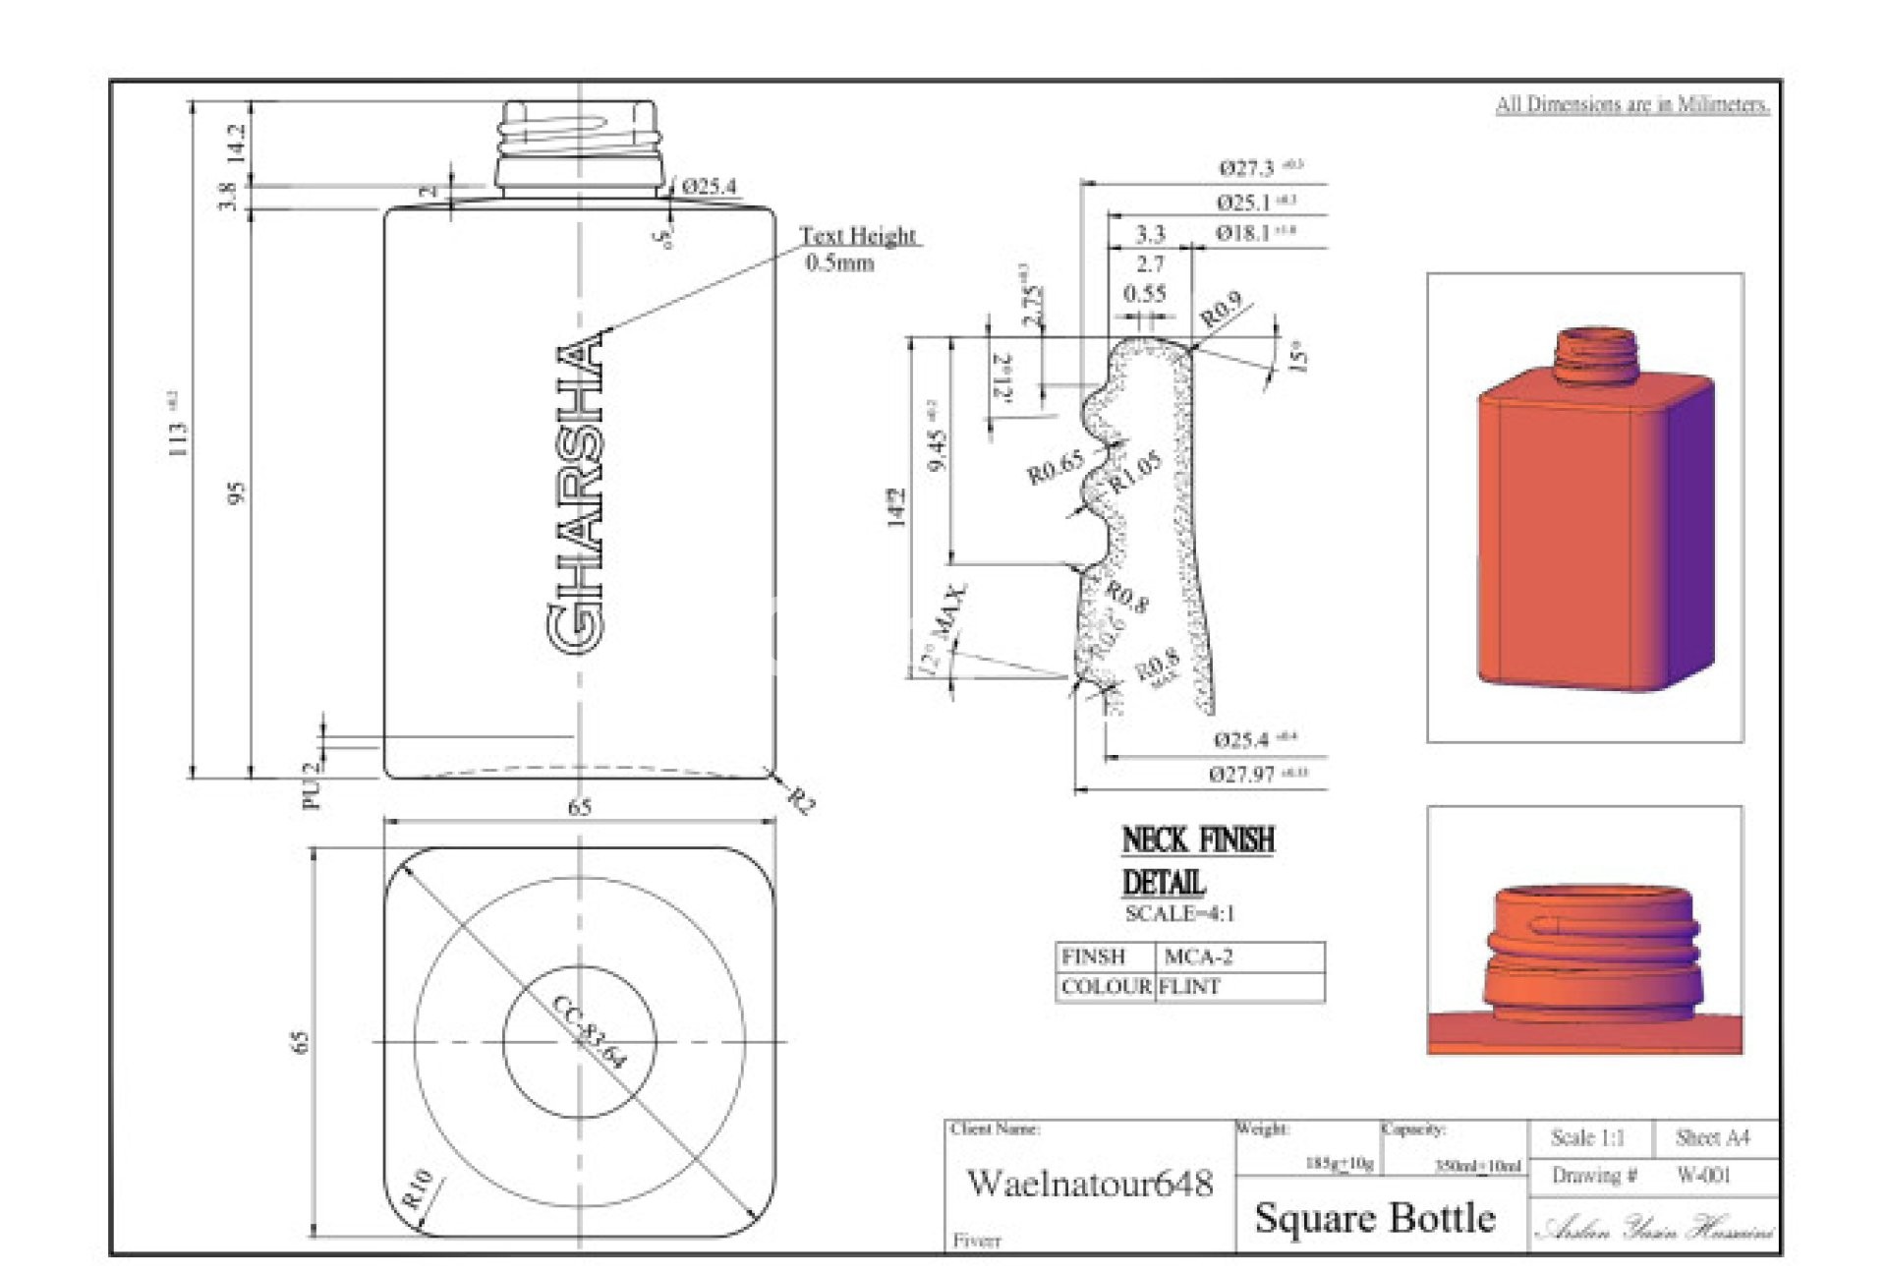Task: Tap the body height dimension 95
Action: pyautogui.click(x=236, y=492)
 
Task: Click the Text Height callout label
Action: pyautogui.click(x=857, y=236)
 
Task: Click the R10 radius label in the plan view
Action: pyautogui.click(x=417, y=1187)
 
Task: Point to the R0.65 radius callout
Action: pyautogui.click(x=1055, y=467)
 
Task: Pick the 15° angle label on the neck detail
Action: pyautogui.click(x=1298, y=356)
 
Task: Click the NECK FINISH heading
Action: pyautogui.click(x=1198, y=840)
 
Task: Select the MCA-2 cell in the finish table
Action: pyautogui.click(x=1198, y=956)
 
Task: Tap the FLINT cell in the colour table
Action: pyautogui.click(x=1189, y=987)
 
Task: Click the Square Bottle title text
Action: pyautogui.click(x=1375, y=1219)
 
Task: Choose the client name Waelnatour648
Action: pyautogui.click(x=1090, y=1183)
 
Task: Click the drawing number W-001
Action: pyautogui.click(x=1703, y=1175)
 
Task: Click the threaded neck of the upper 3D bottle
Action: pyautogui.click(x=1596, y=356)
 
